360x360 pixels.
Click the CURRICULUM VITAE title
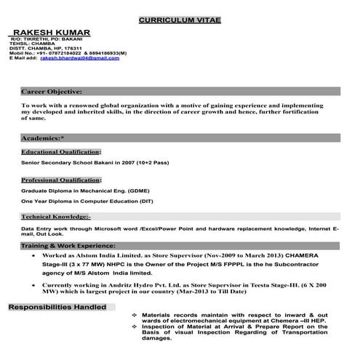coord(180,19)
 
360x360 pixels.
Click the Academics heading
coord(42,137)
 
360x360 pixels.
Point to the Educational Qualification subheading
coord(60,151)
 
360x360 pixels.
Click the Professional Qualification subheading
coord(62,179)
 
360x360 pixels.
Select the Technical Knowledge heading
coord(56,217)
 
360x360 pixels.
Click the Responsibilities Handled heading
coord(57,308)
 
